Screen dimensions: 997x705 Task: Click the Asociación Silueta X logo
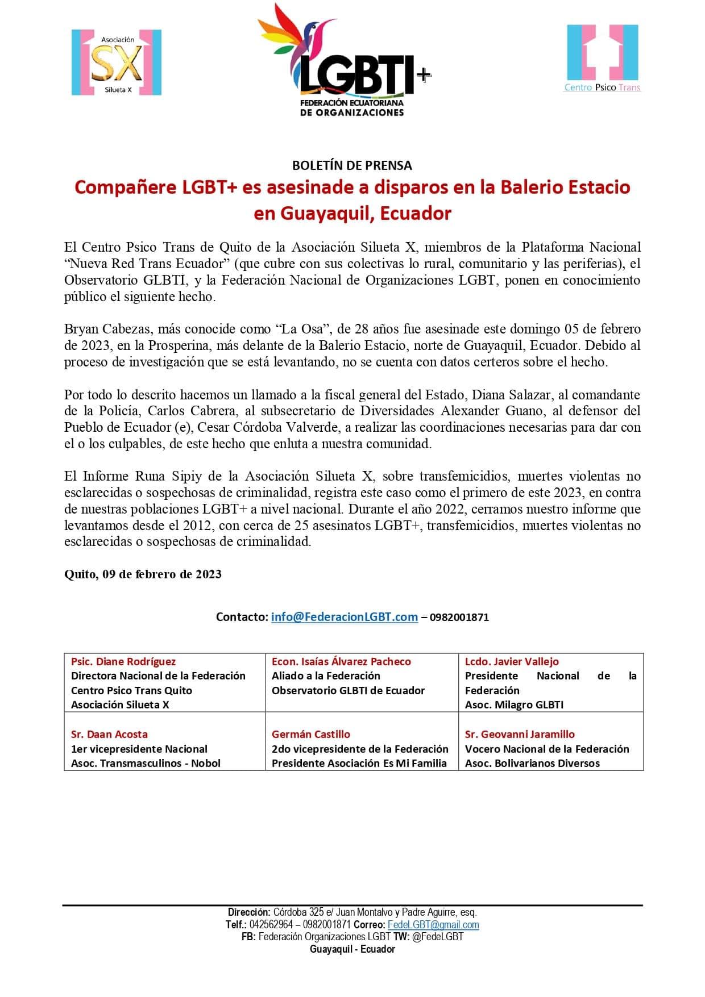(x=117, y=62)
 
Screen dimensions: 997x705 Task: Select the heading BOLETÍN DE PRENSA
(x=352, y=165)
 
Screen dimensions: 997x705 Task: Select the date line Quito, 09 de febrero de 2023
(x=143, y=574)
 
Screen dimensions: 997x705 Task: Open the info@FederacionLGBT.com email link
(x=345, y=617)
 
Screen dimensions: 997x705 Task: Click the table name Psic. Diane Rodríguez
(x=123, y=661)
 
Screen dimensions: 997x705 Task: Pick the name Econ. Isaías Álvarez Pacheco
(x=341, y=661)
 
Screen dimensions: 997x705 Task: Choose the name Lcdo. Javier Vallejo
(x=512, y=661)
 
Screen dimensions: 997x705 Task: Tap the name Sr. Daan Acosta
(x=109, y=734)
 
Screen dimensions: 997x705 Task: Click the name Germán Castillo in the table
(x=311, y=734)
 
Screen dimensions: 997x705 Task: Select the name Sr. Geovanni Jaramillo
(x=520, y=734)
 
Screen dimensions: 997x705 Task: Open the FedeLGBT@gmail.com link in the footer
(x=433, y=924)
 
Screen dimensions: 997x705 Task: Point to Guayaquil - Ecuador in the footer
(x=352, y=949)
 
